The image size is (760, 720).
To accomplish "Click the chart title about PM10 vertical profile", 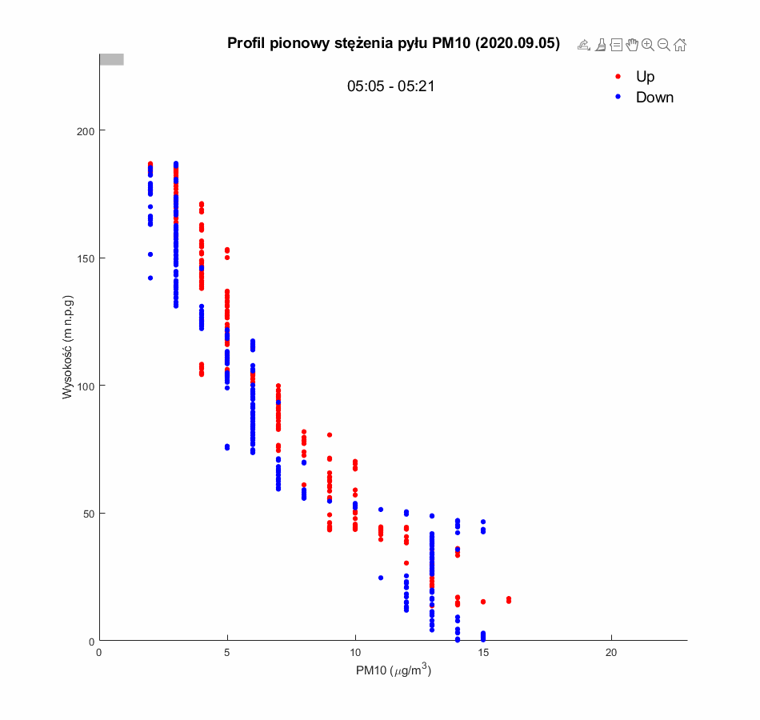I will point(394,43).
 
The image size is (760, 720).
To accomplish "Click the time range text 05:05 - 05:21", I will point(390,86).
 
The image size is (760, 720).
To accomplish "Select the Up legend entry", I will point(645,77).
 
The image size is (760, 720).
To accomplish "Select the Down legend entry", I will point(654,98).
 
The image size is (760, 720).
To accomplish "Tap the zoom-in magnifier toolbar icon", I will point(648,45).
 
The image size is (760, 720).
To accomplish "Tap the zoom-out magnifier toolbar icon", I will point(663,45).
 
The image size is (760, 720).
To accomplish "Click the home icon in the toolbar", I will point(680,45).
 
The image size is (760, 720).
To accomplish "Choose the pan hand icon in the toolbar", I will point(632,45).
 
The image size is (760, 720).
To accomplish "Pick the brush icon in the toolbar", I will point(600,45).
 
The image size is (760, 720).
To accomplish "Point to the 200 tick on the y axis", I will point(84,130).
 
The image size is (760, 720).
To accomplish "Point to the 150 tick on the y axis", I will point(84,258).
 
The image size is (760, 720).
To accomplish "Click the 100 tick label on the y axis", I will point(84,386).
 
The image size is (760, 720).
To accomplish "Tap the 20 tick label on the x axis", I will point(612,653).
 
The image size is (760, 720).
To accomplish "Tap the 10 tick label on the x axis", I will point(355,653).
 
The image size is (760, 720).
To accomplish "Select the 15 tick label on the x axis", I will point(483,653).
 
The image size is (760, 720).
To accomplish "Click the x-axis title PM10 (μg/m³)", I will point(394,671).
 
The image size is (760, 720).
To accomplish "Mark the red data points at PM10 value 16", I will point(509,599).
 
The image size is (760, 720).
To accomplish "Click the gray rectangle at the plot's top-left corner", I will point(111,59).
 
